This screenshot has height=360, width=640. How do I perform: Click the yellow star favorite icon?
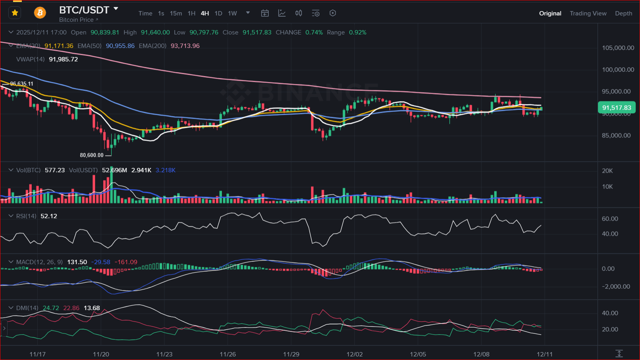click(x=15, y=13)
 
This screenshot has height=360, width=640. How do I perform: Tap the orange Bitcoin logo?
click(x=40, y=13)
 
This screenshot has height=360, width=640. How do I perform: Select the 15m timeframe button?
click(x=176, y=13)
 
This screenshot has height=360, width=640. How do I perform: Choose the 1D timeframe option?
click(x=218, y=13)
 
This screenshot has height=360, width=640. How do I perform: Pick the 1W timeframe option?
click(x=232, y=13)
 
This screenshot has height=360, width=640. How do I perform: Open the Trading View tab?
click(x=588, y=13)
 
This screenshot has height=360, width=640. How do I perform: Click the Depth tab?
click(x=623, y=13)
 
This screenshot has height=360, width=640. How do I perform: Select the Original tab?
click(x=550, y=13)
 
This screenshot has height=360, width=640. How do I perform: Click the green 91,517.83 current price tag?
click(x=616, y=108)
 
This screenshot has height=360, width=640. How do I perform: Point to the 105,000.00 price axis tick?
click(x=618, y=48)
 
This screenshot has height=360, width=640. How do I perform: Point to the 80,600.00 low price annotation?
click(x=92, y=155)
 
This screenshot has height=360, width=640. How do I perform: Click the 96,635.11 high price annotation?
click(x=22, y=84)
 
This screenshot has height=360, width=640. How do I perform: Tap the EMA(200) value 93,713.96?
click(x=185, y=46)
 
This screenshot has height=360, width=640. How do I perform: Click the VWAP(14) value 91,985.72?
click(x=63, y=59)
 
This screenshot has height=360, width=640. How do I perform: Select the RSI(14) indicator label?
click(x=26, y=216)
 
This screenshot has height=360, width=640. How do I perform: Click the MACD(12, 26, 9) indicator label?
click(x=39, y=262)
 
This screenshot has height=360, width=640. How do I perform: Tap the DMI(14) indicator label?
click(x=27, y=308)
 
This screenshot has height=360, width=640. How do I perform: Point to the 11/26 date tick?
click(x=228, y=354)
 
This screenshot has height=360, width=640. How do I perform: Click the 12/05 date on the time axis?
click(x=418, y=354)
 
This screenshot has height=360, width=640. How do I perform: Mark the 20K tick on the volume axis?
click(x=607, y=171)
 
